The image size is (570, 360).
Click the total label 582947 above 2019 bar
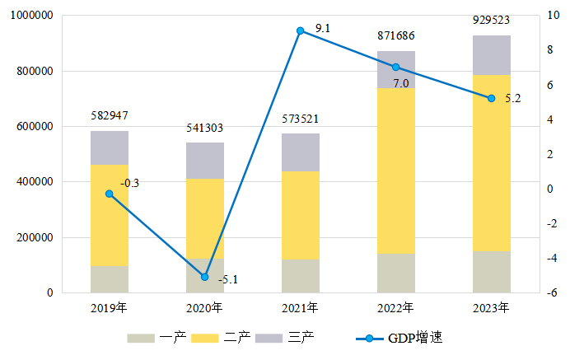pyautogui.click(x=109, y=115)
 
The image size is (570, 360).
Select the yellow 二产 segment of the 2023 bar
pyautogui.click(x=492, y=163)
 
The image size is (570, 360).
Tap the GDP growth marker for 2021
pyautogui.click(x=301, y=30)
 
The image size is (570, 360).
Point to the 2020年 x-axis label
pyautogui.click(x=205, y=308)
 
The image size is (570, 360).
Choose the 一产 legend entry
pyautogui.click(x=156, y=339)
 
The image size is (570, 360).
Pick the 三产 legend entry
pyautogui.click(x=284, y=339)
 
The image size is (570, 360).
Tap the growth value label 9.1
pyautogui.click(x=323, y=29)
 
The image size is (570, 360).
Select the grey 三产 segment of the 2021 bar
pyautogui.click(x=301, y=152)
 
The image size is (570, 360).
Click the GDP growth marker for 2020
pyautogui.click(x=205, y=277)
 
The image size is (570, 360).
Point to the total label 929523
pyautogui.click(x=492, y=21)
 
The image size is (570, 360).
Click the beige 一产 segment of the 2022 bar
pyautogui.click(x=396, y=273)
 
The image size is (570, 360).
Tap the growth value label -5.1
pyautogui.click(x=227, y=280)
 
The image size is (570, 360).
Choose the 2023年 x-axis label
pyautogui.click(x=492, y=308)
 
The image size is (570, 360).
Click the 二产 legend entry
pyautogui.click(x=220, y=339)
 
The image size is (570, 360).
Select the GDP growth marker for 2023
pyautogui.click(x=492, y=98)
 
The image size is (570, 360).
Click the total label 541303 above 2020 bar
pyautogui.click(x=205, y=128)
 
